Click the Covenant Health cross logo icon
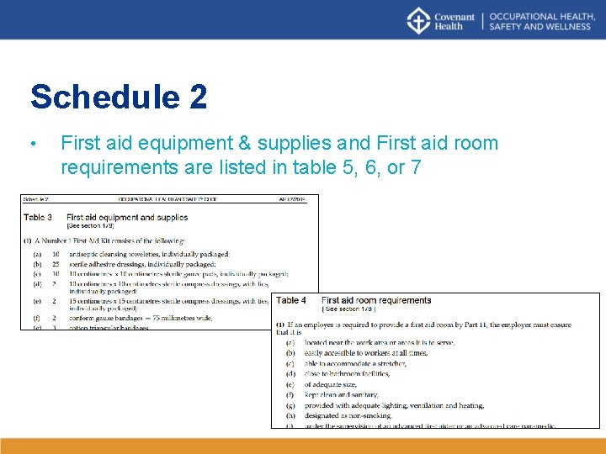click(418, 20)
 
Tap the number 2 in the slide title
click(198, 97)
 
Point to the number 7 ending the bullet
click(416, 166)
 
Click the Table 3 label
click(38, 217)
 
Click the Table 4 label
click(291, 300)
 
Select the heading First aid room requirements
click(376, 300)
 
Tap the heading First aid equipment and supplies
click(126, 217)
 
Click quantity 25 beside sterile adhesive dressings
click(56, 263)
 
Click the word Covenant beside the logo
click(454, 16)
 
